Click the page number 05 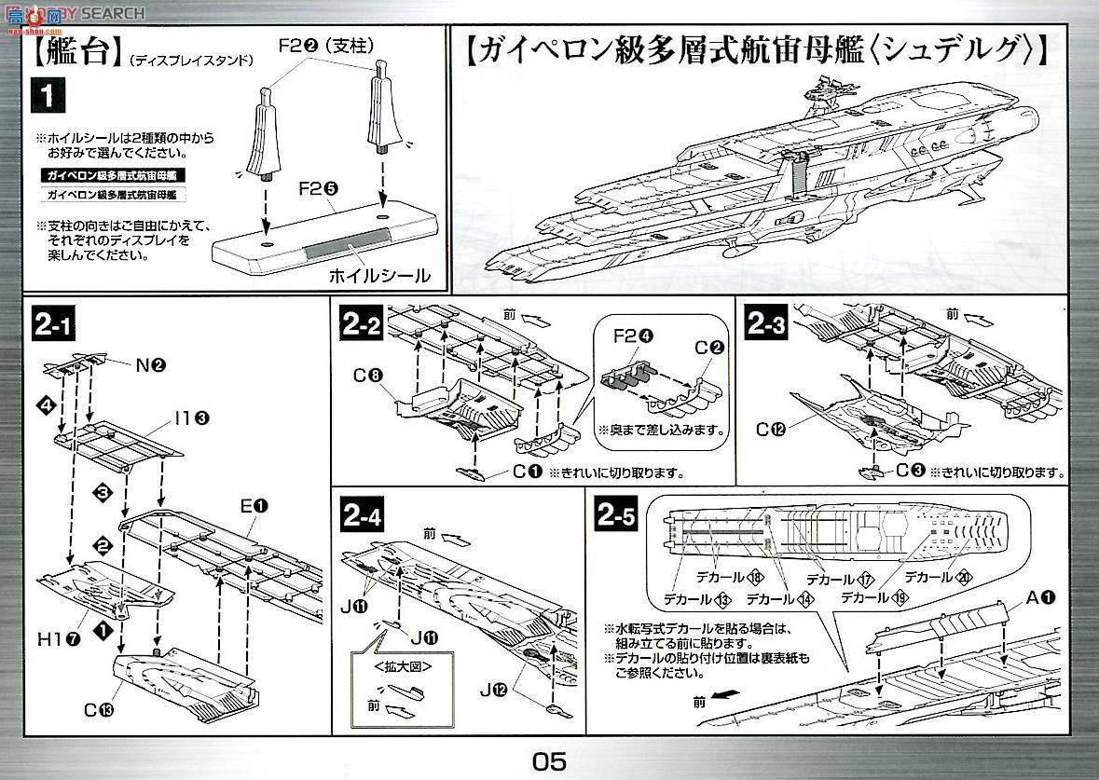549,760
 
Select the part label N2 150,365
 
